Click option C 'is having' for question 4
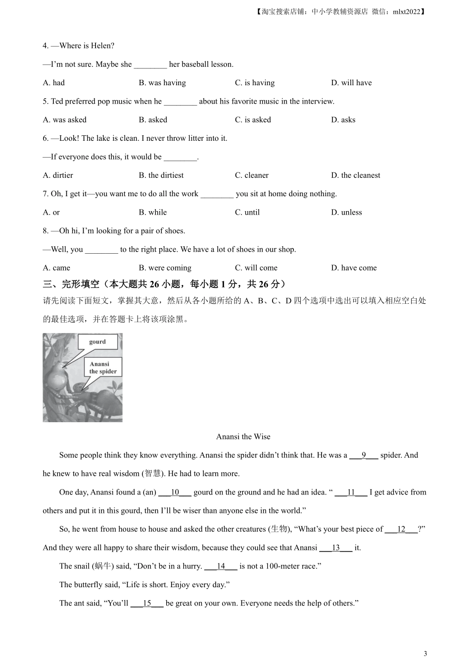tap(255, 83)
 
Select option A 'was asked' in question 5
tap(65, 120)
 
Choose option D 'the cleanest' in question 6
tap(356, 175)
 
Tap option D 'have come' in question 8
tap(354, 268)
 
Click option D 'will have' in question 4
tap(351, 83)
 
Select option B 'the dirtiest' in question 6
tap(161, 175)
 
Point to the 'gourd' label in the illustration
tap(97, 342)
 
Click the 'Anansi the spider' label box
tap(103, 368)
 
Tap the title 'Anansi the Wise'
tap(243, 437)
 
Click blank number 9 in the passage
tap(364, 455)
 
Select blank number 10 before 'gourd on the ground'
tap(175, 493)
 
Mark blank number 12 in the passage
tap(401, 529)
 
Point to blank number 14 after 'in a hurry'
tap(221, 566)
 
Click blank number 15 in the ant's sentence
tap(147, 604)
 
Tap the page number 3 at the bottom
tap(425, 654)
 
